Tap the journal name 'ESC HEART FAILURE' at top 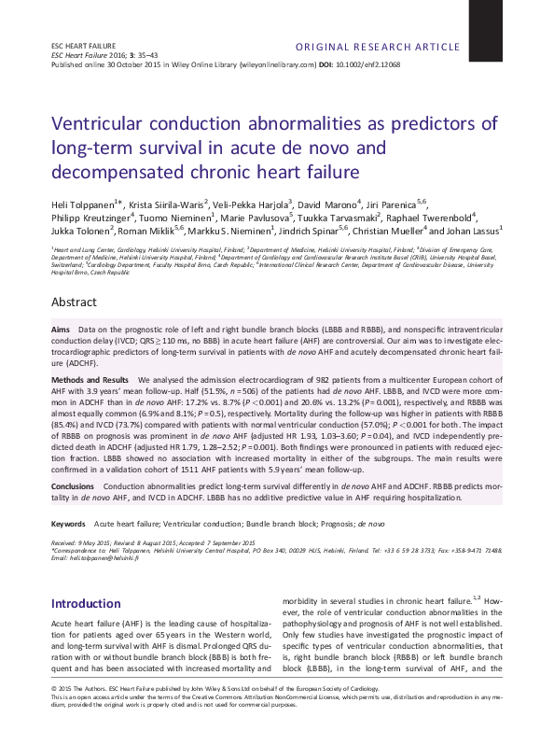pyautogui.click(x=81, y=46)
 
